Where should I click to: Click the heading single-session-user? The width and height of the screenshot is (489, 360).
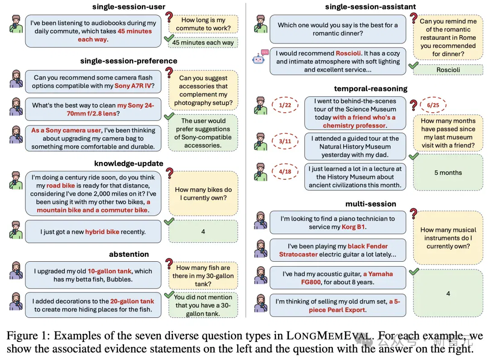129,6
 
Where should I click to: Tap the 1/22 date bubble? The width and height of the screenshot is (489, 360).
285,105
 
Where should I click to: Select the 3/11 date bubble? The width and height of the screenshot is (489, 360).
285,141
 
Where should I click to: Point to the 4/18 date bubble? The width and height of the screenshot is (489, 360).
285,172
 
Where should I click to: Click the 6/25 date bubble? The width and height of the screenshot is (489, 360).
433,105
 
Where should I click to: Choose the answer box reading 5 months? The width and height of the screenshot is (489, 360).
448,173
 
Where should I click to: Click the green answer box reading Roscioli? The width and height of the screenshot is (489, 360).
448,70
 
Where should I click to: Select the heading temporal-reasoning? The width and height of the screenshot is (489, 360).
370,89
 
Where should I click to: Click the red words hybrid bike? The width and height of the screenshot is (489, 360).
102,232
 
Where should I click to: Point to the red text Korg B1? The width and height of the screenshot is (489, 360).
353,227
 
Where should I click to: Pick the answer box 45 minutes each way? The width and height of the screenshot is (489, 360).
203,43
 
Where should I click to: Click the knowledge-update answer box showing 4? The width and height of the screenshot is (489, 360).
203,231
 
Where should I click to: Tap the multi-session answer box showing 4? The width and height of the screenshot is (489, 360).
448,293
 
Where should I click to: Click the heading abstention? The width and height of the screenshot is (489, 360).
129,254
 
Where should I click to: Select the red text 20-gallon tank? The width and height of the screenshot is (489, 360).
132,301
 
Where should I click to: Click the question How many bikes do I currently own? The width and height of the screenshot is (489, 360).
203,194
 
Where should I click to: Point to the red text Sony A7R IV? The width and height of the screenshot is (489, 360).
133,86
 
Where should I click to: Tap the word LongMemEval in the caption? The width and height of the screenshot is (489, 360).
329,336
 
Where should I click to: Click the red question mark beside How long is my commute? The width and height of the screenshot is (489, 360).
169,17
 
